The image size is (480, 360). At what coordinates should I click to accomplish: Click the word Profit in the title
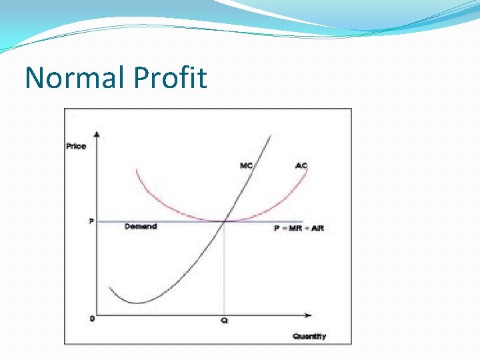coord(170,77)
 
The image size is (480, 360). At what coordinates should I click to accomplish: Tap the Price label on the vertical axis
coord(76,146)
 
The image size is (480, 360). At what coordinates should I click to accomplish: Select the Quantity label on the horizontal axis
coord(309,336)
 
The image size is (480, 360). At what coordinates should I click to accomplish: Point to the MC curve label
coord(246,165)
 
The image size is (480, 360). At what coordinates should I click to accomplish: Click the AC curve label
coord(301,165)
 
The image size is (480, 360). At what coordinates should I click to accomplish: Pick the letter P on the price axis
coord(91,221)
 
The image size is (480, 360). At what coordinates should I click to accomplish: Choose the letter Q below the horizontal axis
coord(224,321)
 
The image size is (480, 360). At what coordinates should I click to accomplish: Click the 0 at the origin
coord(91,318)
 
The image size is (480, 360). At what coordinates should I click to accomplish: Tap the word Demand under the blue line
coord(141,227)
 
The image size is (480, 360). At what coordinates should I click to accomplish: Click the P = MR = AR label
coord(298,228)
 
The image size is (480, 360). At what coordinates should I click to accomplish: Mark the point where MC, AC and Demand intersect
coord(224,221)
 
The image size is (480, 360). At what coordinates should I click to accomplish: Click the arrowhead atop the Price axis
coord(98,135)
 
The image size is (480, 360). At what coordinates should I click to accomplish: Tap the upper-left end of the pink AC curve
coord(136,169)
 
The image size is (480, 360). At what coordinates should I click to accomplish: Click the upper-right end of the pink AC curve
coord(307,169)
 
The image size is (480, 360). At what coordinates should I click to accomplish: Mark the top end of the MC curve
coord(269,136)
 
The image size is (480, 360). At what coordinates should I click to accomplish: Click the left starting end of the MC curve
coord(109,288)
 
